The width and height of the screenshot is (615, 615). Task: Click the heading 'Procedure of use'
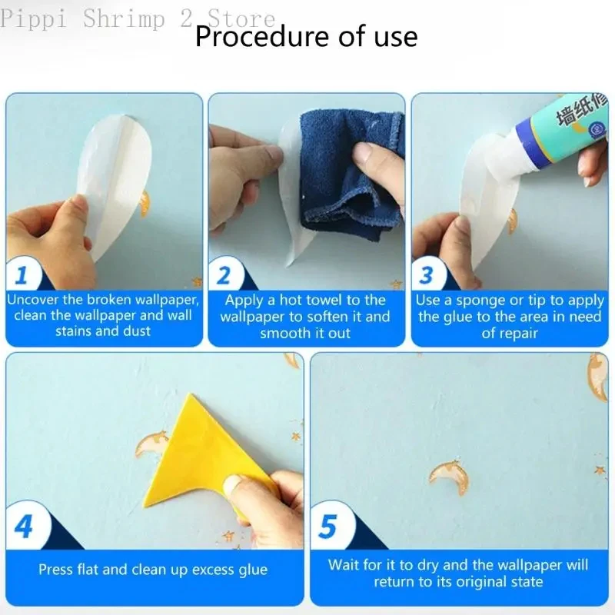pyautogui.click(x=306, y=36)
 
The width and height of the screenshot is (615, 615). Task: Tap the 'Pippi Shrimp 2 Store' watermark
pyautogui.click(x=138, y=18)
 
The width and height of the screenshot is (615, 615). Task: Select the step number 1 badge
pyautogui.click(x=22, y=275)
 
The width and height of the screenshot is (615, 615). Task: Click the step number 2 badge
pyautogui.click(x=224, y=275)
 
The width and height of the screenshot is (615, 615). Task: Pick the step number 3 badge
pyautogui.click(x=427, y=275)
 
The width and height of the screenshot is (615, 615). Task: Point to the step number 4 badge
pyautogui.click(x=24, y=527)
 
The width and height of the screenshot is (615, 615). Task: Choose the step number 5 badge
pyautogui.click(x=328, y=527)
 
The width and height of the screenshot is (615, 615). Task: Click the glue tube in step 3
pyautogui.click(x=549, y=133)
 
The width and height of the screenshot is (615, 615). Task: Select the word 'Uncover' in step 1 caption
pyautogui.click(x=33, y=300)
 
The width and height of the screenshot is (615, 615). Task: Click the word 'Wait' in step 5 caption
pyautogui.click(x=343, y=565)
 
